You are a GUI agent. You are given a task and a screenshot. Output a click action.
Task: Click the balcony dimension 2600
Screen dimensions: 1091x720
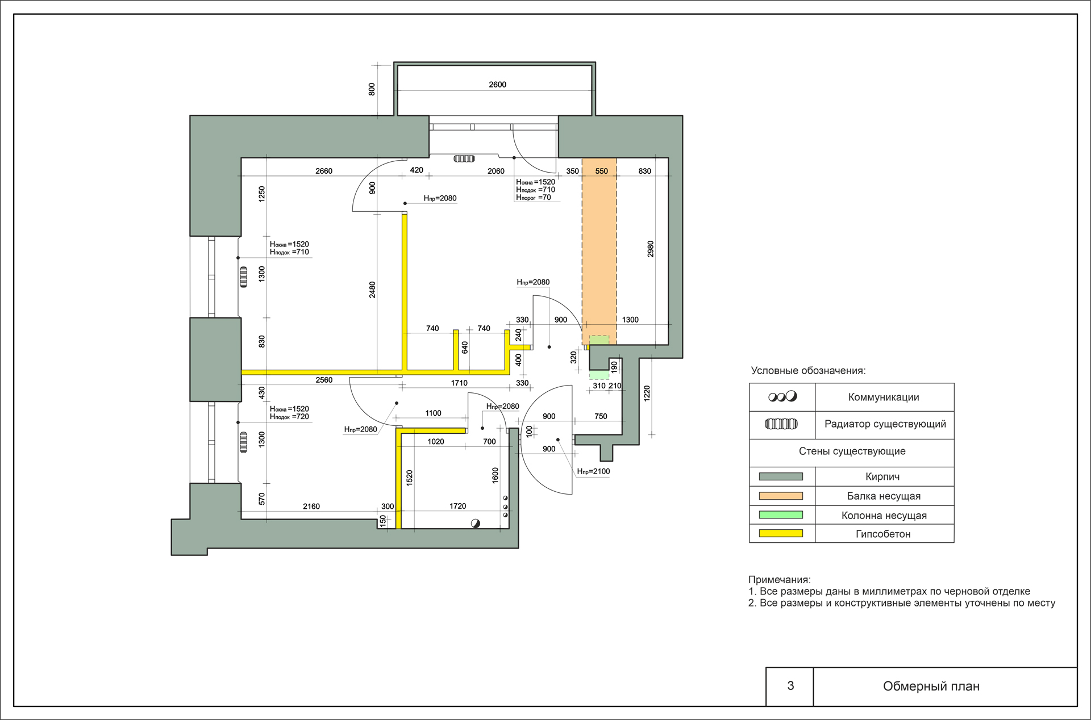(x=497, y=85)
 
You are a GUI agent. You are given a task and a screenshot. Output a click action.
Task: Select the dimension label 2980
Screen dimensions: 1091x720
(x=651, y=249)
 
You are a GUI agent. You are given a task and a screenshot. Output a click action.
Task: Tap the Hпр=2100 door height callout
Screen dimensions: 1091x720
(x=593, y=471)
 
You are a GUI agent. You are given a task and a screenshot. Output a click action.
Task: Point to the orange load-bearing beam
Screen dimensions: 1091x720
(x=599, y=251)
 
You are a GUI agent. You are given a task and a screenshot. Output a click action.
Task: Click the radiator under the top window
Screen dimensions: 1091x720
(x=464, y=158)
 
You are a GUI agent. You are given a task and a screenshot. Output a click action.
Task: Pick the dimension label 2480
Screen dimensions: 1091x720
(x=372, y=290)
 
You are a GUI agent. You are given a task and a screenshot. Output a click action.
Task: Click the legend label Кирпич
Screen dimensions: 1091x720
(x=882, y=477)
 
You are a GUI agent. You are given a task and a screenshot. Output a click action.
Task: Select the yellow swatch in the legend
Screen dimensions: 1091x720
(x=781, y=534)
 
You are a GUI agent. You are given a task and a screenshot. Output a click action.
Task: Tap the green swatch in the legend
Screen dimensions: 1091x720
(x=781, y=515)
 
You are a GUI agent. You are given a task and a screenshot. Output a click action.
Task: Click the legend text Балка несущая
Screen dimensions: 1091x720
(x=884, y=496)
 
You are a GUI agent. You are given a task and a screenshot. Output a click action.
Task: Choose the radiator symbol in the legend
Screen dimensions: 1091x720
(x=781, y=424)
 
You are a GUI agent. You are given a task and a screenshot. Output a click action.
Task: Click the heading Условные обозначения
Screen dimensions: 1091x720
(x=808, y=371)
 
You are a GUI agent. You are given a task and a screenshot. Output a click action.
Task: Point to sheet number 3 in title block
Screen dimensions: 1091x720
(x=790, y=686)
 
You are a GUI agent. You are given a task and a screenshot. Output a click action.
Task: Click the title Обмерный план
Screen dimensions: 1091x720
(x=931, y=686)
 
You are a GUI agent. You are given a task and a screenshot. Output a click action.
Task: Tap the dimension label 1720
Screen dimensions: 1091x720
(x=457, y=506)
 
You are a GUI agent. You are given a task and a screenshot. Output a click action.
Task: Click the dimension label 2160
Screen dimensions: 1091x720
(x=311, y=506)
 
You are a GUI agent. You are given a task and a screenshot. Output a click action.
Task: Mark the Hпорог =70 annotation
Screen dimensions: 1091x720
(x=533, y=198)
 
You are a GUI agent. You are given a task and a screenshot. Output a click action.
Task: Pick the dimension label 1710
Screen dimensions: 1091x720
(x=459, y=383)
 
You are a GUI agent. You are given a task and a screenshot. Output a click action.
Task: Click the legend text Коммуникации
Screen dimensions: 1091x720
(x=884, y=397)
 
